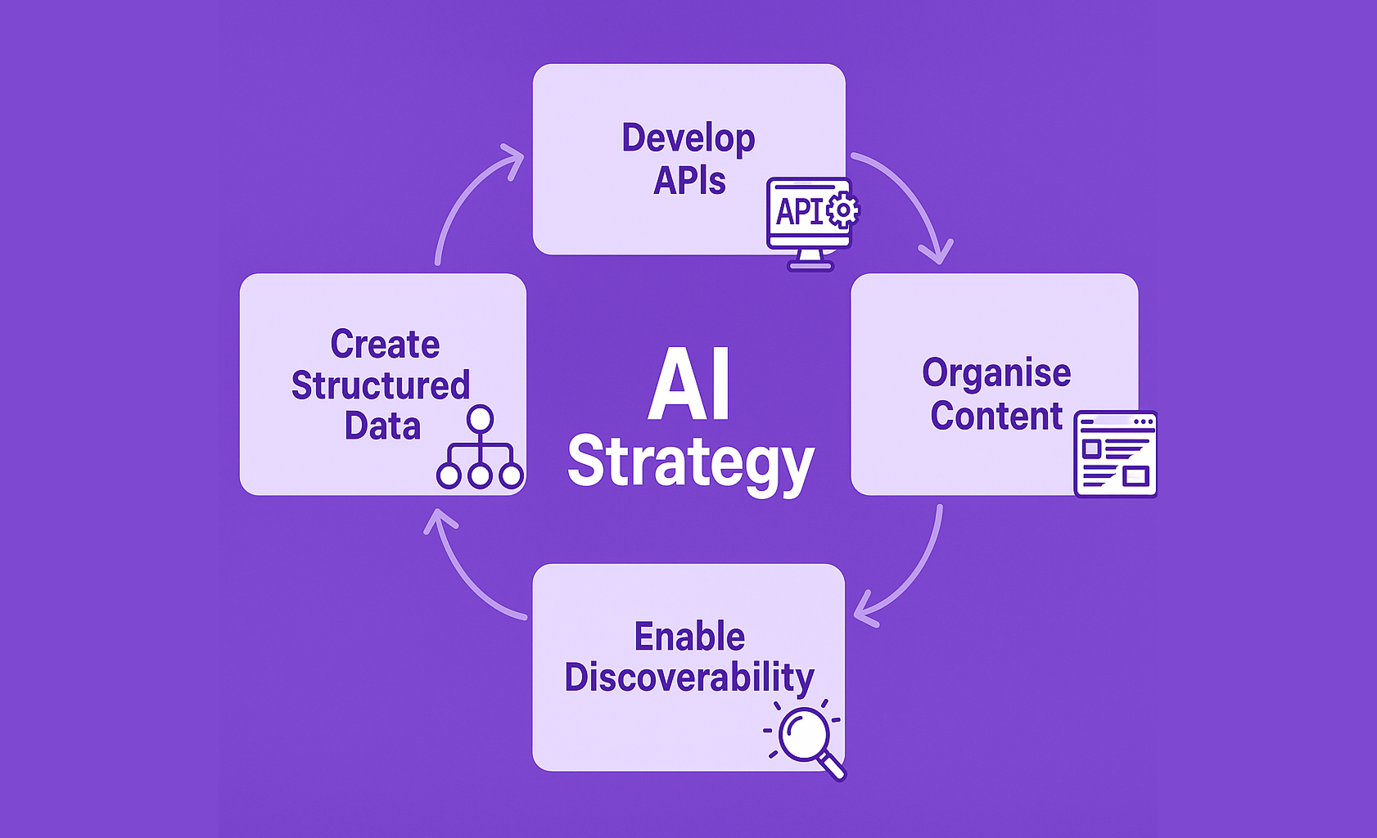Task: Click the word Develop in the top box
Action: tap(688, 139)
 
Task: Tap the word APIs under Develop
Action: tap(689, 181)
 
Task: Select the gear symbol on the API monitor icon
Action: tap(842, 209)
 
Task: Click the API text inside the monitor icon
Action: tap(799, 211)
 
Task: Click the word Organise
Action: tap(996, 374)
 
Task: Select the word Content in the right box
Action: tap(996, 416)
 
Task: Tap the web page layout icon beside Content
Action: tap(1115, 454)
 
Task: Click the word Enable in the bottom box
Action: tap(689, 637)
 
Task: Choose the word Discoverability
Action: tap(689, 678)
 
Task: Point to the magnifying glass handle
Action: tap(832, 768)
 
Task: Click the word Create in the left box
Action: tap(385, 345)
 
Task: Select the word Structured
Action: tap(381, 385)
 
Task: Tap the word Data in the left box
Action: tap(382, 426)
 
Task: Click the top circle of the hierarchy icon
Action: tap(480, 419)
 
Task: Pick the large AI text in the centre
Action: tap(689, 384)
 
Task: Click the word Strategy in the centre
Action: tap(690, 462)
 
